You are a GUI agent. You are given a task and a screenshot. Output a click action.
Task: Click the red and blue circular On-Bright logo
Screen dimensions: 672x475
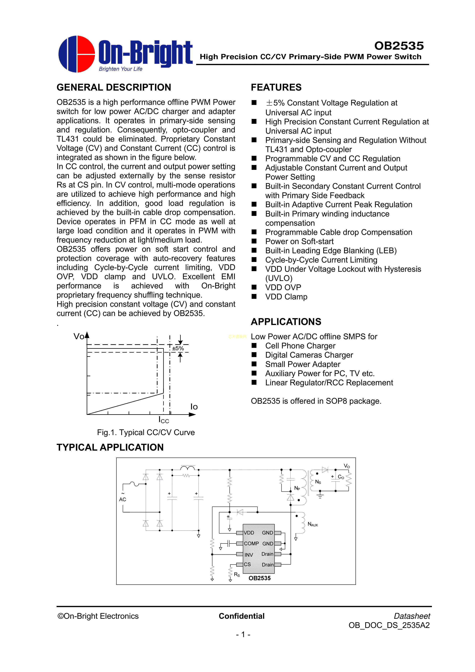point(77,54)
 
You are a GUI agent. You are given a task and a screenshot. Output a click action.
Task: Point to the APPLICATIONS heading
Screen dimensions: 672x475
point(286,322)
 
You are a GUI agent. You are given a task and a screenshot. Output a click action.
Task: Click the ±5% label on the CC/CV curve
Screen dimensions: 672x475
point(178,348)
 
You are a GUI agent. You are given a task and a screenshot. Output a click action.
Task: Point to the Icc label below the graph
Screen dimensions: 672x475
point(164,420)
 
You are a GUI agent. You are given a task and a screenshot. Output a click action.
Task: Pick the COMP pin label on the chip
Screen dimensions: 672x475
point(251,543)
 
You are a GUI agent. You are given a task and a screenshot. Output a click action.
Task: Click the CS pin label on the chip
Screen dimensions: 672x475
point(247,564)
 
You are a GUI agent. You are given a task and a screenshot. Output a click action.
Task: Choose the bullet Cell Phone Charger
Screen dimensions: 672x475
point(300,346)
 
